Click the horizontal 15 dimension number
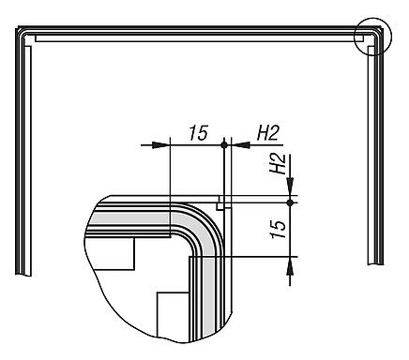[x=199, y=132]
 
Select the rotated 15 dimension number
[x=279, y=230]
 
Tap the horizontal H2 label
[x=267, y=132]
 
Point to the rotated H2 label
[x=278, y=163]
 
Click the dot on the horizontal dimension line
[x=224, y=144]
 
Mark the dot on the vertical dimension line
[x=290, y=202]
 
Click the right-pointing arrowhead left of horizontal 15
[x=160, y=144]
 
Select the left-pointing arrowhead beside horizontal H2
[x=240, y=144]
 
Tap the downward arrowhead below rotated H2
[x=290, y=187]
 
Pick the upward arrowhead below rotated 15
[x=290, y=266]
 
